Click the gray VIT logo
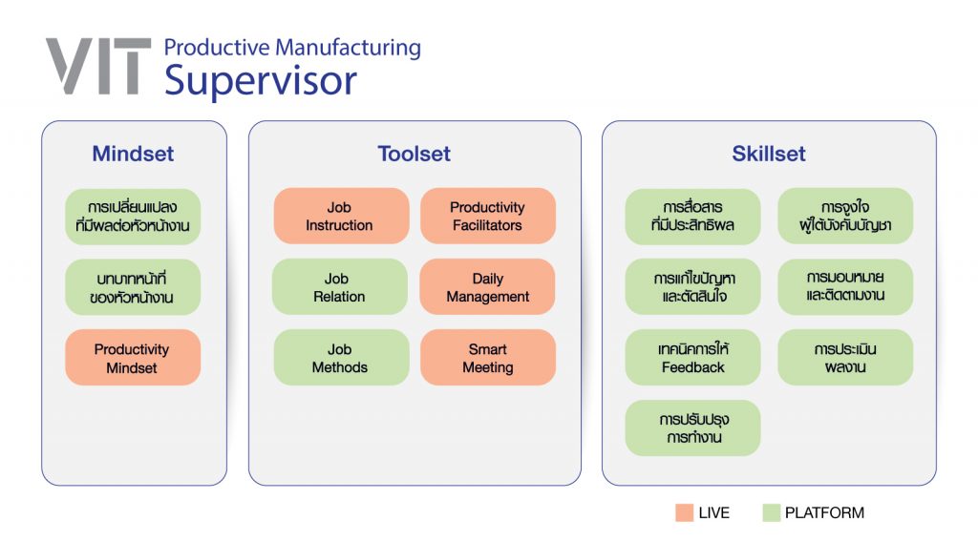[98, 66]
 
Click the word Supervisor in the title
[260, 81]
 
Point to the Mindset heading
[133, 154]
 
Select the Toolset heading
[415, 154]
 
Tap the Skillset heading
[769, 154]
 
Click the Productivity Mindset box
[133, 358]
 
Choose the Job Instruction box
[341, 217]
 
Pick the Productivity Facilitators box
[488, 217]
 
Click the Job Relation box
[340, 287]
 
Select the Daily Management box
[487, 287]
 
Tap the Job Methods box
[341, 358]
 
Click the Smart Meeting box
[488, 358]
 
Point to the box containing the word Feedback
[693, 358]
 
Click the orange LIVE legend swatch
[684, 512]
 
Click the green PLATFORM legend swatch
[771, 512]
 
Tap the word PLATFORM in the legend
[824, 512]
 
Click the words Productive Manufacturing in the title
[292, 48]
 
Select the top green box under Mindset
[133, 217]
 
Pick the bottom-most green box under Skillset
[693, 428]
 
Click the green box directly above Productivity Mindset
[133, 287]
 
